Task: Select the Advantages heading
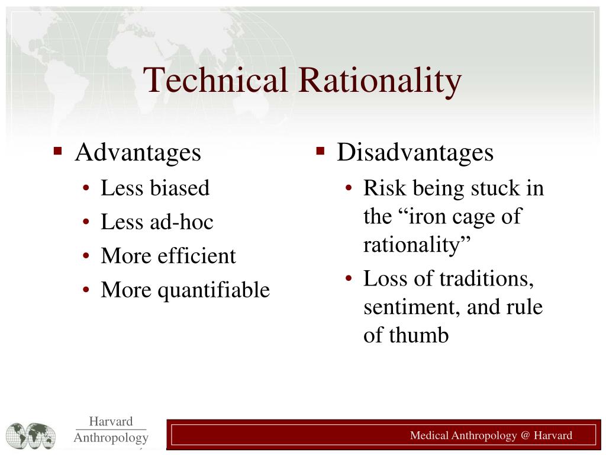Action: point(138,153)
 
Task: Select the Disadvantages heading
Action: point(415,153)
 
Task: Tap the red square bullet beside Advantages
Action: point(57,151)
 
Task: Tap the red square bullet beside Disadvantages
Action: point(320,151)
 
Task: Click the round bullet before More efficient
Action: point(87,257)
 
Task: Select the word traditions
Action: point(487,278)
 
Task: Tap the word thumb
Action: point(420,336)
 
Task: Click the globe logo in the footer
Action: point(31,435)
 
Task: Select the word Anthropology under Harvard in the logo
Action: point(111,438)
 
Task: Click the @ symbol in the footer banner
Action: point(525,436)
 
